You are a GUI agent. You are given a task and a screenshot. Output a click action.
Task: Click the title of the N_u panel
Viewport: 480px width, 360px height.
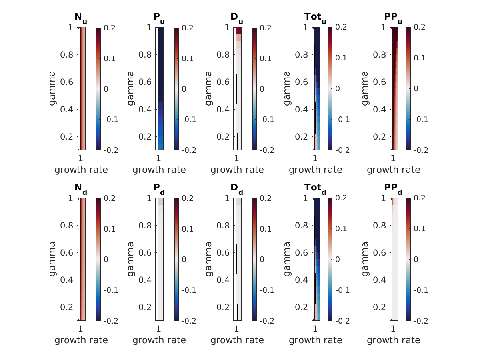81,18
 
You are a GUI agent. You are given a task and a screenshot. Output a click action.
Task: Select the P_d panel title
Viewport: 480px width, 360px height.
159,188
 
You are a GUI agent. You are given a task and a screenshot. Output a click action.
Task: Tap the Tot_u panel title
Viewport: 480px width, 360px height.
315,18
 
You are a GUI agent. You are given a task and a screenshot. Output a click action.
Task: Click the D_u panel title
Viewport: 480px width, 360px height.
237,18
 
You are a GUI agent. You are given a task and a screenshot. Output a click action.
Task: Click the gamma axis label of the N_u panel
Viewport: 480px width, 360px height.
52,88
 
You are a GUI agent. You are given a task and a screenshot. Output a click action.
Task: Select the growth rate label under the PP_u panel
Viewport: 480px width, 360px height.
394,170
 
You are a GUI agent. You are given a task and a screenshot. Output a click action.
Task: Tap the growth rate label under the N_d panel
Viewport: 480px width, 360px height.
81,340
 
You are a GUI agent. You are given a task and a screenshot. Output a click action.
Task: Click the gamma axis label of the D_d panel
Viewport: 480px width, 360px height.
208,259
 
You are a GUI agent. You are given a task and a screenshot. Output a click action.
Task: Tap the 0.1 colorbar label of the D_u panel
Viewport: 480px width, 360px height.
266,58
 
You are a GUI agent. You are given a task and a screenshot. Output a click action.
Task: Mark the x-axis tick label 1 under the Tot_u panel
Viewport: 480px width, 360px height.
315,157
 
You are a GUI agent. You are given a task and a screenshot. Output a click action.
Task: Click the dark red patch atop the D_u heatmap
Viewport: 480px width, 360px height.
239,30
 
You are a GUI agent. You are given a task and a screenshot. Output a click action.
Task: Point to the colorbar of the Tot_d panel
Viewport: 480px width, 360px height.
330,259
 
